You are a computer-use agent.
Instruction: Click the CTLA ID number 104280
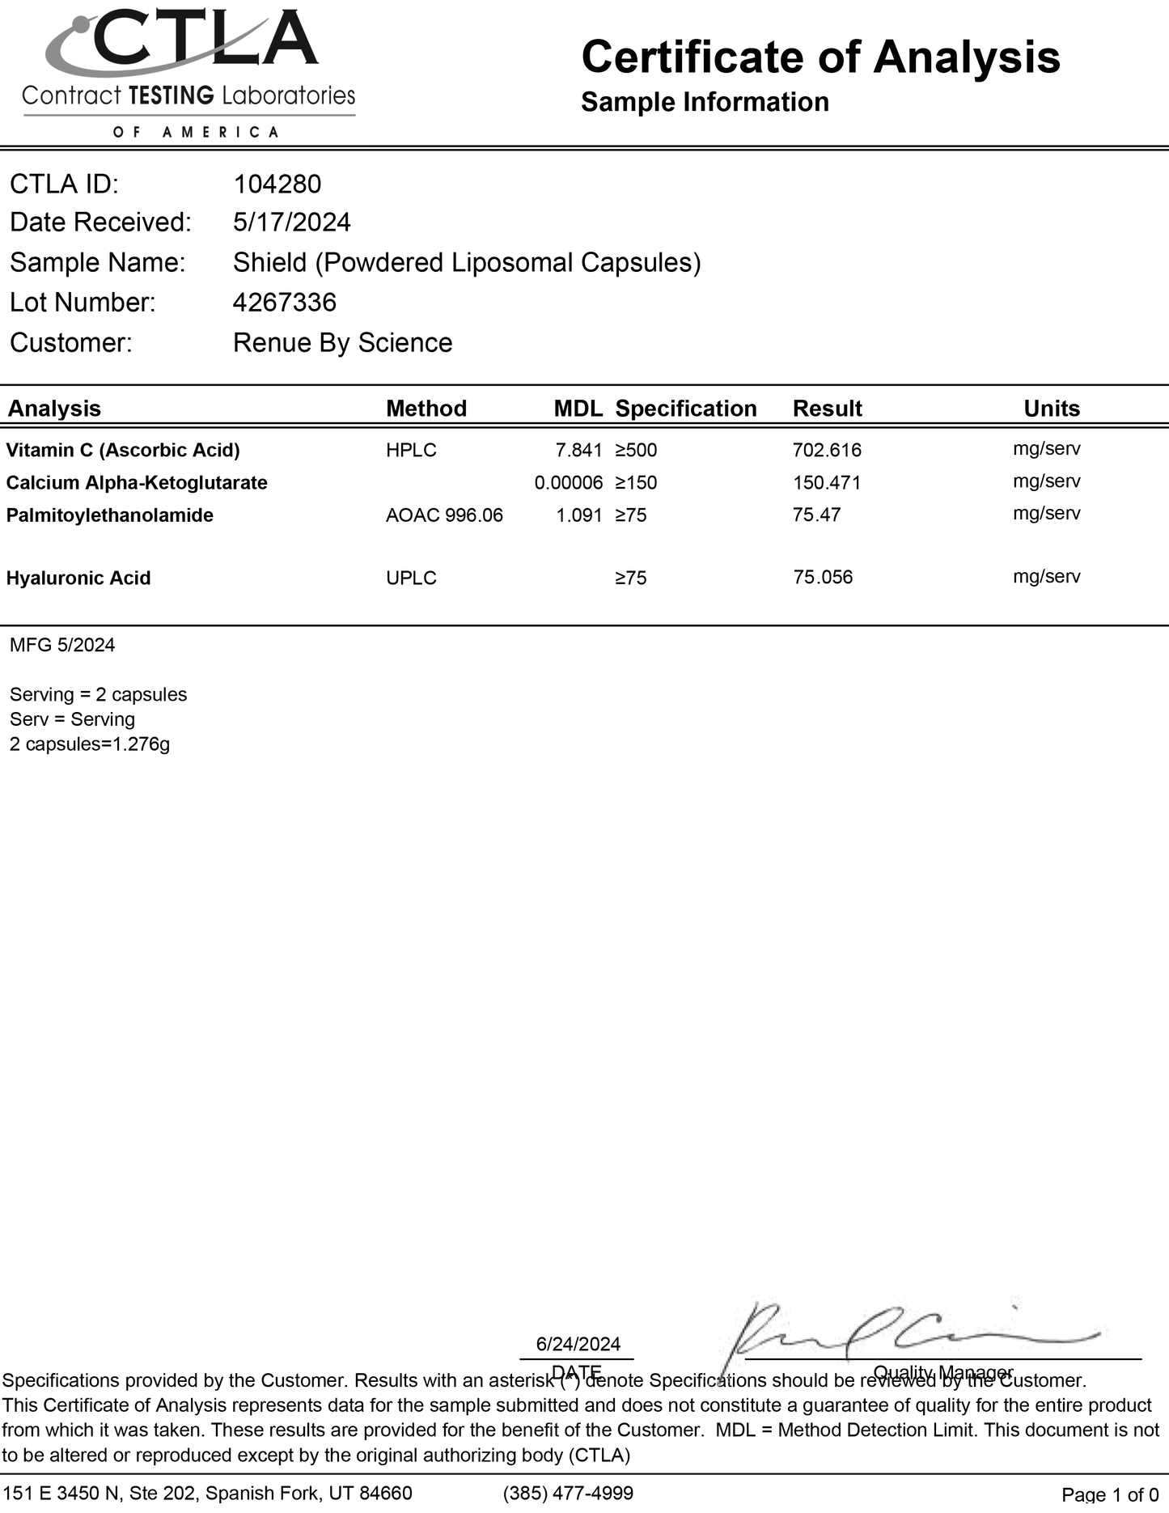click(277, 184)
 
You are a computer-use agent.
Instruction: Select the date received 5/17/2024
click(291, 222)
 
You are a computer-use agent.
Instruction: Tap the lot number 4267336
click(284, 303)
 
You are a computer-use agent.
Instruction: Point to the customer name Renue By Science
click(342, 343)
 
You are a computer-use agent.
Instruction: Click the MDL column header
click(578, 409)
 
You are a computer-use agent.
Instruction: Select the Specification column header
click(685, 409)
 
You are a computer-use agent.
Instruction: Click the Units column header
click(1051, 409)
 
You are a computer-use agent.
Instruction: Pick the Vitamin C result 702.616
click(827, 450)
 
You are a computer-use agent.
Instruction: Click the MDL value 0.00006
click(568, 483)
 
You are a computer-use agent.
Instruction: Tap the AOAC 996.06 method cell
click(444, 515)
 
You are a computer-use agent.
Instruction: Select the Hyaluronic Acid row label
click(78, 578)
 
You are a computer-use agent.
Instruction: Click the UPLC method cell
click(411, 578)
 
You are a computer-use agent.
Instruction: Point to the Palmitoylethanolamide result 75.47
click(816, 515)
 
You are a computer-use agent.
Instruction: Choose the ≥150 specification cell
click(636, 483)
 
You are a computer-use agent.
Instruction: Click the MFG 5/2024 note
click(62, 645)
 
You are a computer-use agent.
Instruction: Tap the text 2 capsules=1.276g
click(90, 744)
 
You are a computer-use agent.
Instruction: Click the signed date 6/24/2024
click(578, 1344)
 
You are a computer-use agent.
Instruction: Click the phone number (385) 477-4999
click(568, 1493)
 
